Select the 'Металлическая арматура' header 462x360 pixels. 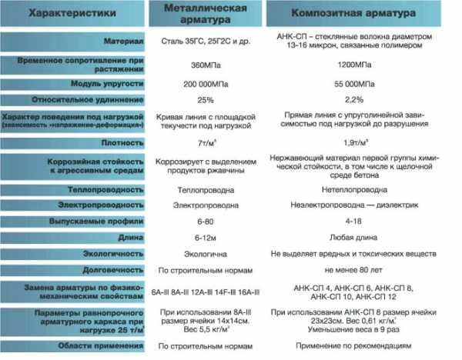coord(206,13)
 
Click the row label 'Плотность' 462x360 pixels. coord(122,144)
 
